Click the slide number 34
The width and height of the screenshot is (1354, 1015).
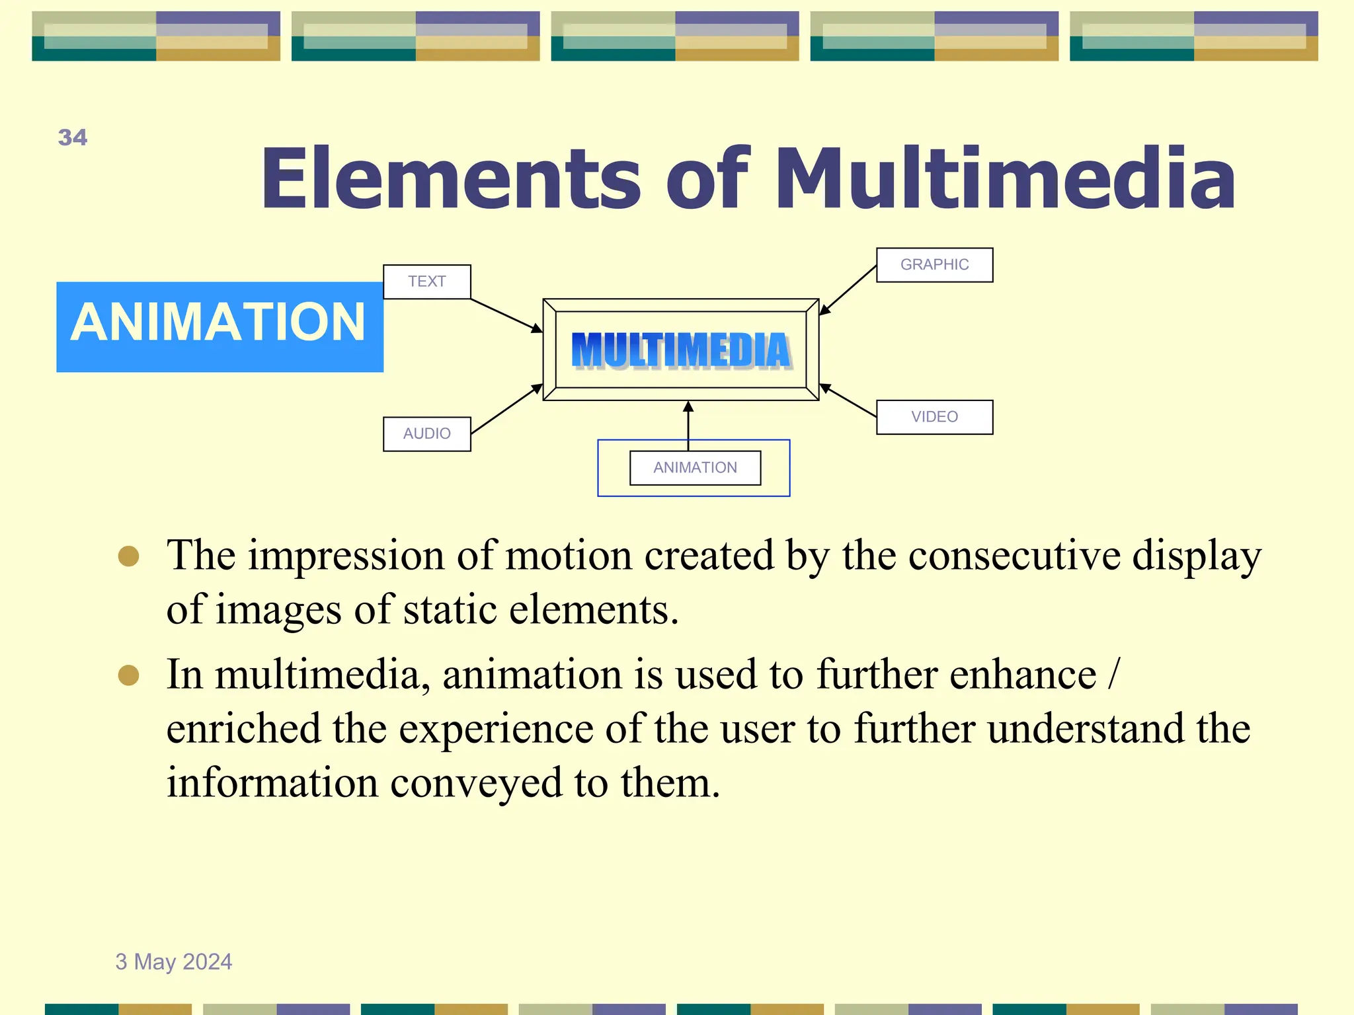(x=73, y=137)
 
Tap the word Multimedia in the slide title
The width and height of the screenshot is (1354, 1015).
(x=1004, y=178)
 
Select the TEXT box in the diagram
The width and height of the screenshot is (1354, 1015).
(x=426, y=282)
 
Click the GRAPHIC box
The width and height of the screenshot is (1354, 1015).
(x=934, y=265)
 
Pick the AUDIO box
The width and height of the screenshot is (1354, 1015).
(x=426, y=433)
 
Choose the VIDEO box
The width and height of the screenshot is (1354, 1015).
(x=934, y=417)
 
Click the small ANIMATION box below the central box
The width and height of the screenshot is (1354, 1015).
(x=695, y=468)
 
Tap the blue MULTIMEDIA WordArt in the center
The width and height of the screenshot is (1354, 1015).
(x=681, y=350)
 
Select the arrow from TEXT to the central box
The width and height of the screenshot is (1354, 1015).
(x=506, y=315)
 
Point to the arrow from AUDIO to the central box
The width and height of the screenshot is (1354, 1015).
(x=506, y=410)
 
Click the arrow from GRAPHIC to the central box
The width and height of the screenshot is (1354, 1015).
(x=848, y=290)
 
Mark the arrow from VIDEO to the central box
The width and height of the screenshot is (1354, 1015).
(x=848, y=400)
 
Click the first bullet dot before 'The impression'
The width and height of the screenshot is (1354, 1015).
(x=128, y=556)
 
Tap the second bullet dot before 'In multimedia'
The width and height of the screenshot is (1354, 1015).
(x=128, y=675)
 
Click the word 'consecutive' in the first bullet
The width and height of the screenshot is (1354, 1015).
(x=1014, y=555)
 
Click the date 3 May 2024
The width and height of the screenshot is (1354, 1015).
(x=174, y=961)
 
